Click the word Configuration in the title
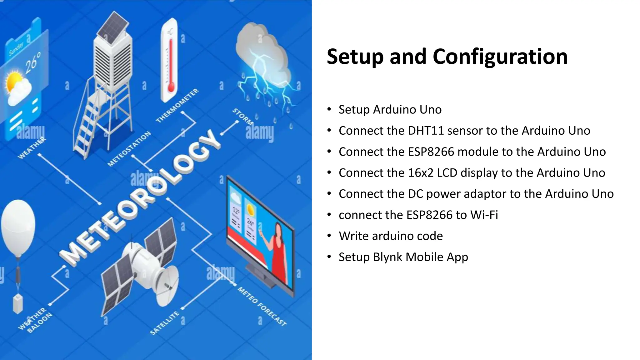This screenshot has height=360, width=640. tap(500, 57)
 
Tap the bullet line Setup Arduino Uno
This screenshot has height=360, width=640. tap(390, 110)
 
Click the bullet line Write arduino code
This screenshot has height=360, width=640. tap(391, 236)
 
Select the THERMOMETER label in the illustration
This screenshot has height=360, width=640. tap(177, 106)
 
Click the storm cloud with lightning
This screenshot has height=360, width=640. tap(262, 62)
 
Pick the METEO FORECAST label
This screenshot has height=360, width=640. tap(262, 306)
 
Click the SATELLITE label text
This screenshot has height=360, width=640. tap(165, 322)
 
